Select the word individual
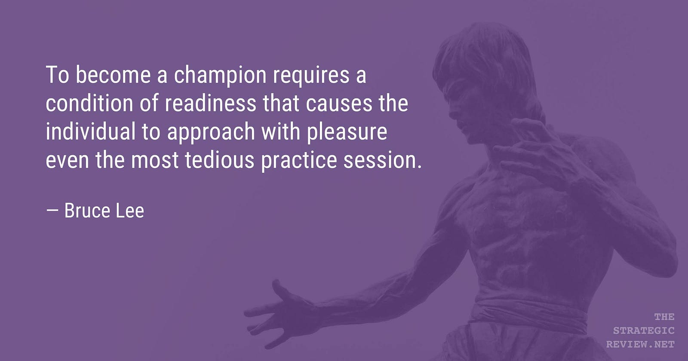(x=91, y=132)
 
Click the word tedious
(x=220, y=159)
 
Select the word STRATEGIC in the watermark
(x=644, y=330)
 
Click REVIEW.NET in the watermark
(x=641, y=344)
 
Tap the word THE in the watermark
(x=664, y=317)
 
